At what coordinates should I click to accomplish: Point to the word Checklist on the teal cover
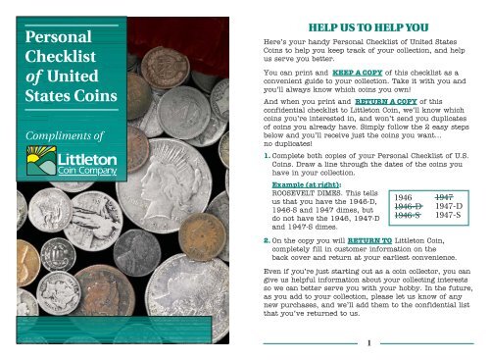coord(57,63)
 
